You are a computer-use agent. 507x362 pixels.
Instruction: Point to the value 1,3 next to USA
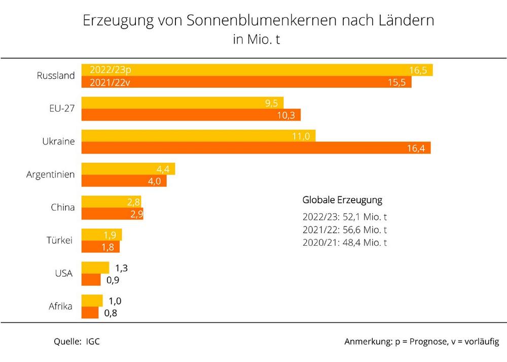(x=121, y=268)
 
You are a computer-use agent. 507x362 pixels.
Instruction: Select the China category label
(x=62, y=208)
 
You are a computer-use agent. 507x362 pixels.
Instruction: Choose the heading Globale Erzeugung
(x=342, y=200)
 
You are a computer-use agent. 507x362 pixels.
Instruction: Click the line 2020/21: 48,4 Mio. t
(x=345, y=243)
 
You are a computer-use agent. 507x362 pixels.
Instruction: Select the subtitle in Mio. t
(x=257, y=40)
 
